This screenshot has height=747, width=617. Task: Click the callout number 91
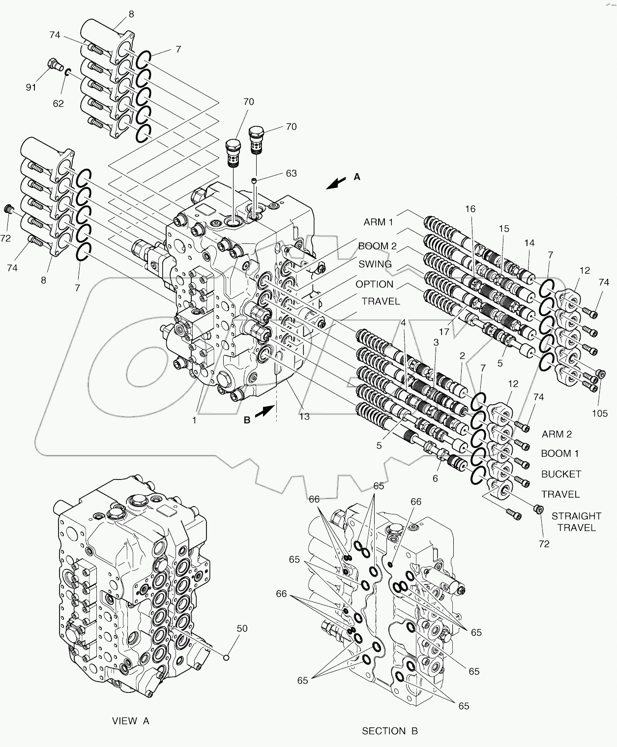[x=31, y=88]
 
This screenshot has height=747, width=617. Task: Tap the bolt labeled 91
[x=54, y=64]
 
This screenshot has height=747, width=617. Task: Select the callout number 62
[x=58, y=103]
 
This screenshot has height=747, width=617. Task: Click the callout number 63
[x=291, y=173]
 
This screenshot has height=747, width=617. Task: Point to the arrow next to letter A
[x=336, y=183]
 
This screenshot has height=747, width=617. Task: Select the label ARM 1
[x=378, y=222]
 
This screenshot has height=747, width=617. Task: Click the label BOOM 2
[x=377, y=246]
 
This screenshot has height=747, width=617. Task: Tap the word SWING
[x=375, y=264]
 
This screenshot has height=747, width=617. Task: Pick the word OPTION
[x=374, y=284]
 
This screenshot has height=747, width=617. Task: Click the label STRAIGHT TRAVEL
[x=576, y=522]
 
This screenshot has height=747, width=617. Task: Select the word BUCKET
[x=560, y=474]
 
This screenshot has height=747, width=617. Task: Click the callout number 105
[x=599, y=414]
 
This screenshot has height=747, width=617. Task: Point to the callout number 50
[x=242, y=628]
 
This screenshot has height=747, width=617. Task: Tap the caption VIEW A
[x=130, y=721]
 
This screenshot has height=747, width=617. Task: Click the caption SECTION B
[x=389, y=731]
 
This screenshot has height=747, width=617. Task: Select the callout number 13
[x=304, y=417]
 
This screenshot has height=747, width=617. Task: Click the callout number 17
[x=444, y=332]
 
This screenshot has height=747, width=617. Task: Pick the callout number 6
[x=435, y=478]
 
